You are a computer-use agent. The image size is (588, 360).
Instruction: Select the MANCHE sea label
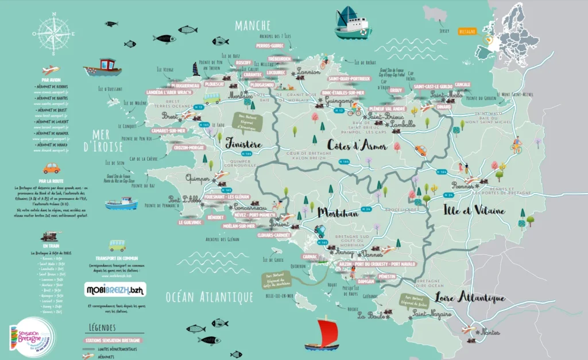(253, 25)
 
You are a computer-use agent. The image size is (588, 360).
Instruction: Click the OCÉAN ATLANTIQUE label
(210, 296)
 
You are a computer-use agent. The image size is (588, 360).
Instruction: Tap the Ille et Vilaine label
(467, 211)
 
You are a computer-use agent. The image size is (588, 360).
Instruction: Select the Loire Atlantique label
(470, 298)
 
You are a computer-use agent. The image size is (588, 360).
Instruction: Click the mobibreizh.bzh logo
(114, 290)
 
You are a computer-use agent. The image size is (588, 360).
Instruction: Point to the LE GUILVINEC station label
(189, 222)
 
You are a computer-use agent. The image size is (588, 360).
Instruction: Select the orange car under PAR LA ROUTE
(52, 168)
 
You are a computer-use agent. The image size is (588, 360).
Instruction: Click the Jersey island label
(442, 31)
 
